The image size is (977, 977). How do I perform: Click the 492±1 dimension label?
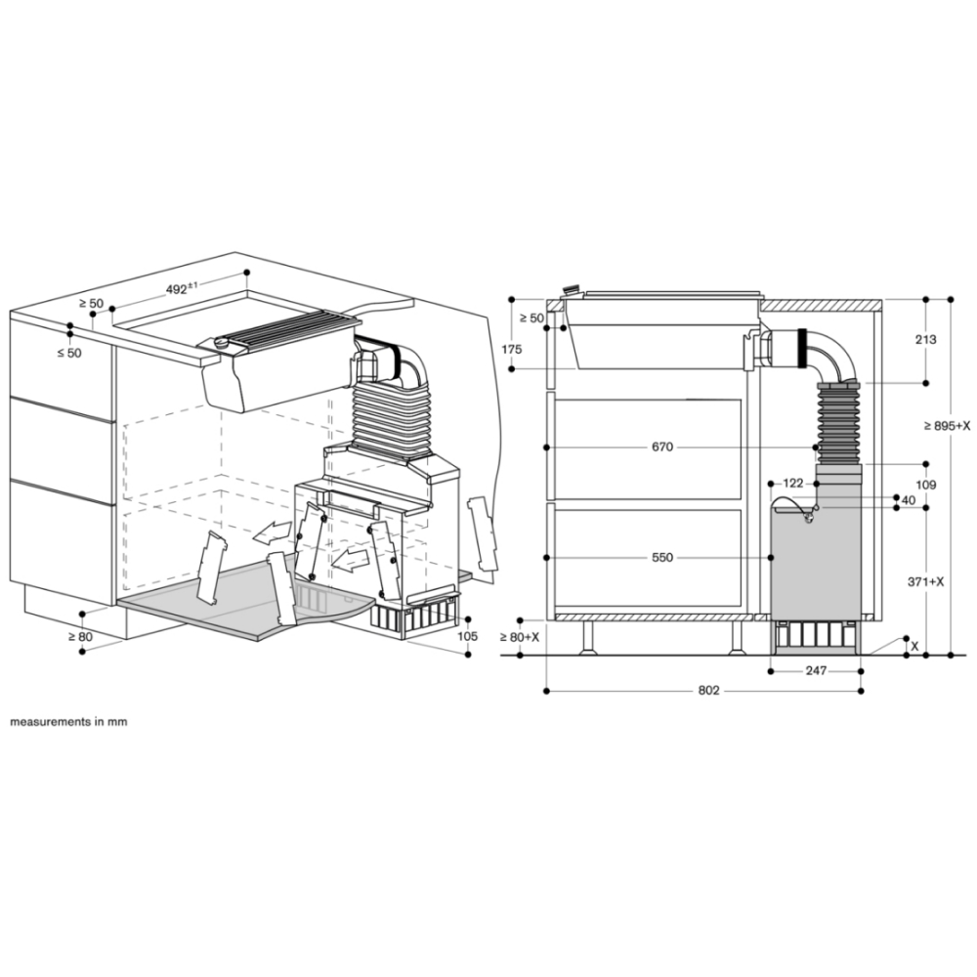(x=182, y=288)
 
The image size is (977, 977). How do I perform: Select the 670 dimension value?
(x=662, y=446)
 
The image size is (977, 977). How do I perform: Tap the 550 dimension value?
(x=662, y=557)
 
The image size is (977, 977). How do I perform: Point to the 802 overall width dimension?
(x=708, y=691)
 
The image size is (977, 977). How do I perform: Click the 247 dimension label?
(x=816, y=670)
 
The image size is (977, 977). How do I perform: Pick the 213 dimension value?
(x=926, y=340)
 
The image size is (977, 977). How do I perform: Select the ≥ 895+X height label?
(x=946, y=426)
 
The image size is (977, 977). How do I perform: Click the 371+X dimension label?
(x=926, y=581)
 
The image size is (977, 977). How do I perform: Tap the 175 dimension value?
(x=512, y=350)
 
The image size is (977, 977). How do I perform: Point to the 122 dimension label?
(x=793, y=483)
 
